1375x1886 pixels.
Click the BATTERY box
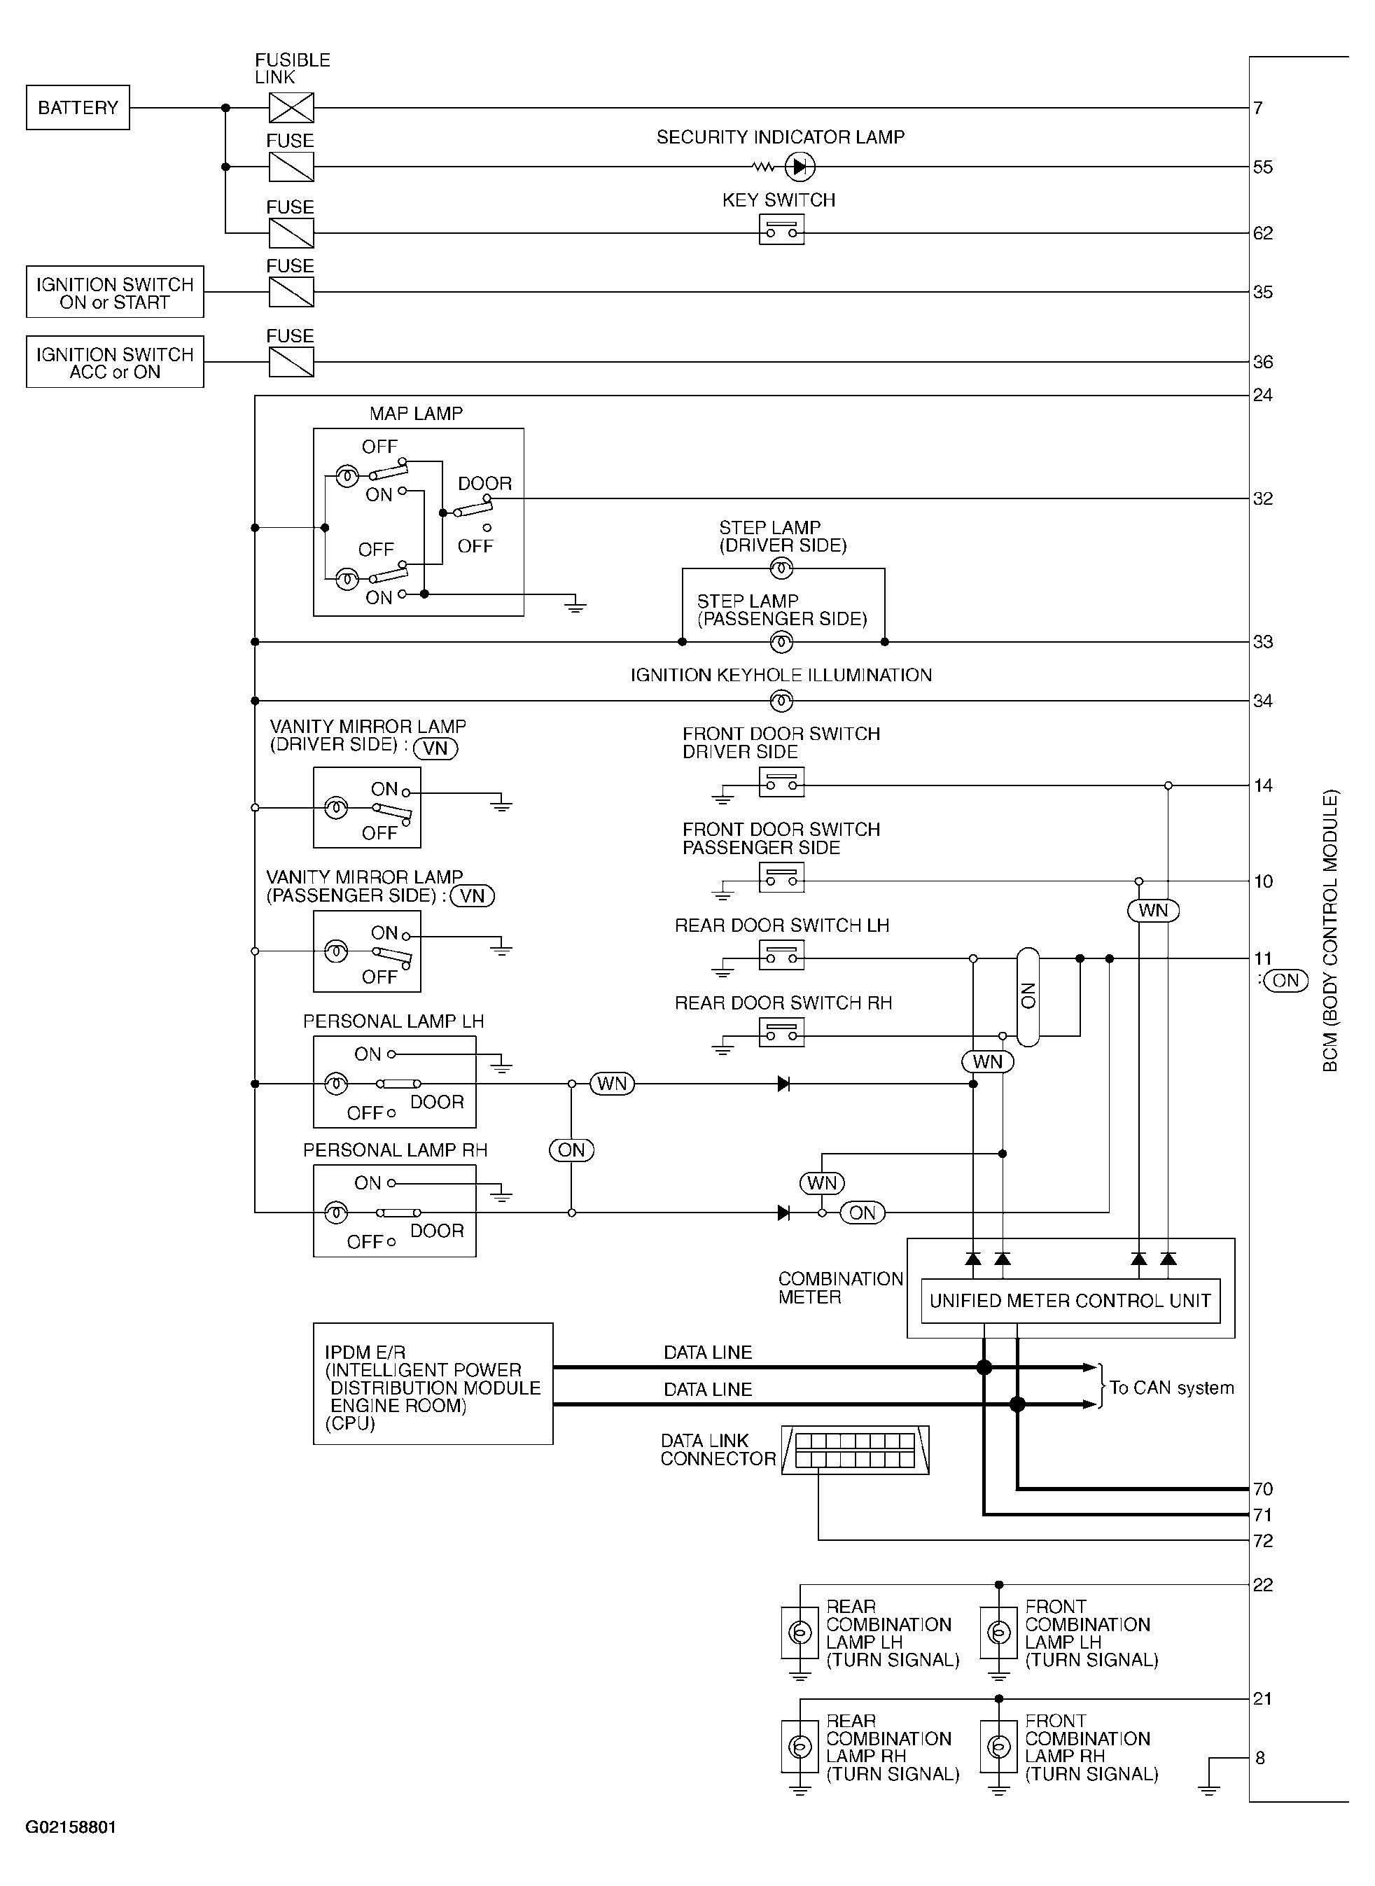pos(78,107)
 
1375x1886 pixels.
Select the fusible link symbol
pos(291,107)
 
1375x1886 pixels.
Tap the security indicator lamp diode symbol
pos(799,167)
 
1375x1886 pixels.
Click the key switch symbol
pos(781,230)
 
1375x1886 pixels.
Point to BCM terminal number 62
pos(1263,233)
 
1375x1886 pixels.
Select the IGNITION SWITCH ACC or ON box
pos(115,362)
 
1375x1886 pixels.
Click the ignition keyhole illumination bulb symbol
pos(781,701)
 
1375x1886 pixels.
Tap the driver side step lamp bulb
pos(781,568)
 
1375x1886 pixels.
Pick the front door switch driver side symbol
pos(781,781)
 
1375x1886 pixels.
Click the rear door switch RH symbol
pos(781,1032)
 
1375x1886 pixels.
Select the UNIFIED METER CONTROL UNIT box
pos(1070,1301)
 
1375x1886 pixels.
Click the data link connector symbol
pos(855,1450)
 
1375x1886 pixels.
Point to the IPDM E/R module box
pos(433,1383)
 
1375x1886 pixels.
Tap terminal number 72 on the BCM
pos(1263,1541)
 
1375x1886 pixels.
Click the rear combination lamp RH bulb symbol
pos(800,1746)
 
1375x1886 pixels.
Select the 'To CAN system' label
pos(1171,1388)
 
